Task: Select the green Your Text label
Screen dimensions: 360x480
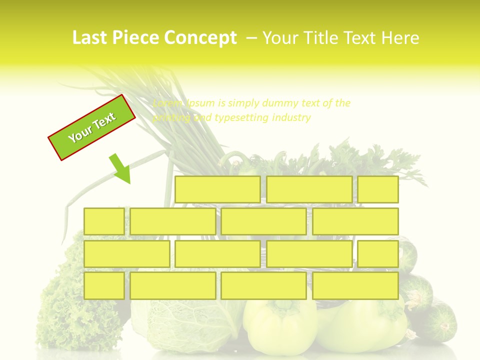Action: [92, 127]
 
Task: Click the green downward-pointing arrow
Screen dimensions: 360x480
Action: [120, 168]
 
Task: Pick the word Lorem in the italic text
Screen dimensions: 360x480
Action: [167, 103]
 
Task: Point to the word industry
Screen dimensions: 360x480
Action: [291, 118]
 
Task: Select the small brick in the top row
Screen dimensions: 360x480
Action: [378, 189]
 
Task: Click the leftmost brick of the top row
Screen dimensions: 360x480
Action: [217, 189]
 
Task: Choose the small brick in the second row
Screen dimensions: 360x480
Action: [104, 221]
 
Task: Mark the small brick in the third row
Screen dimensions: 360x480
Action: [378, 254]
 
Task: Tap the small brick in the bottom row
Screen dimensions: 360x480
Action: [104, 286]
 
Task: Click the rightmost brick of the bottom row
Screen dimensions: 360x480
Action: [355, 286]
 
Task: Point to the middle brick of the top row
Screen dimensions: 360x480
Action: [309, 189]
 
